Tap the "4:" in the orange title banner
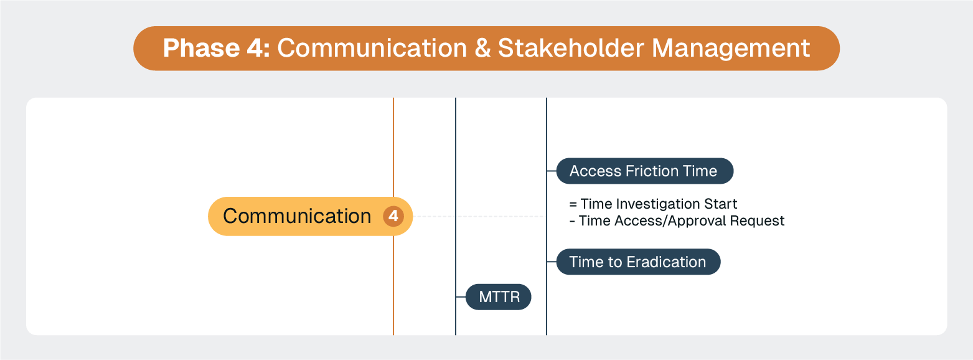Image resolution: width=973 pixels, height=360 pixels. coord(259,49)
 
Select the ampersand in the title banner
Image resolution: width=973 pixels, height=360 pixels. coord(482,49)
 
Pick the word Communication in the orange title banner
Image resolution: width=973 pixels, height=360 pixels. coord(372,49)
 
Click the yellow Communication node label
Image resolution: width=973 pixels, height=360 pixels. coord(297,216)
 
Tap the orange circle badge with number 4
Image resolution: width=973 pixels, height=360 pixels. coord(393,217)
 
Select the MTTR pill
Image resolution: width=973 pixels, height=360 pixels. coord(499,297)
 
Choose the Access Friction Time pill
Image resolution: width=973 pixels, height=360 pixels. coord(644,171)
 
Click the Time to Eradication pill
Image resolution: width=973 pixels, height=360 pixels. coord(637,262)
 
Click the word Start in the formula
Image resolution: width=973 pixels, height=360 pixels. coord(722,204)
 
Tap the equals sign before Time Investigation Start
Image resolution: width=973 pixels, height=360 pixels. coord(572,204)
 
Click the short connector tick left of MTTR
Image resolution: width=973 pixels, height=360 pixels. coord(461,297)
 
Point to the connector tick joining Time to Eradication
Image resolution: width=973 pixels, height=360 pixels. coord(552,262)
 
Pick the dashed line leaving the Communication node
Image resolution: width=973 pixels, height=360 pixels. coord(479,216)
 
